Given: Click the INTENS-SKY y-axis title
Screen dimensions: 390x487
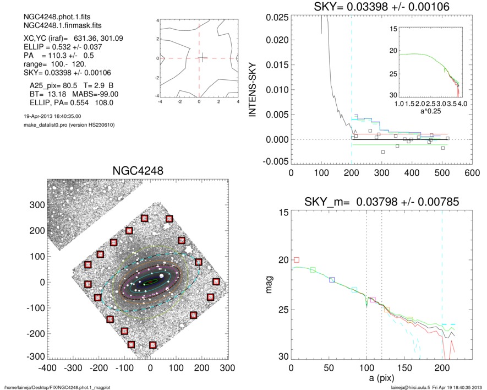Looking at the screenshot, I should tap(254, 89).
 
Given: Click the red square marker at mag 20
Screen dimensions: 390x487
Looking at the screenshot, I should tap(297, 259).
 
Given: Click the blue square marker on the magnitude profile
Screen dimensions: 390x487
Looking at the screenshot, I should tap(332, 280).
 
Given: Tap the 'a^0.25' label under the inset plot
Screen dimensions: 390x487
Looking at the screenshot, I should tap(431, 111).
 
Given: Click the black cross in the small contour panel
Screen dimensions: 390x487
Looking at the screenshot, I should tap(203, 57).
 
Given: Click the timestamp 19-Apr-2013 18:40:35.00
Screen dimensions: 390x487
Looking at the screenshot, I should tap(49, 116).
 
